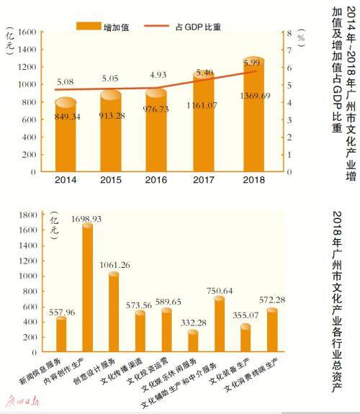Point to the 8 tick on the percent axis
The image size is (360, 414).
[x=289, y=33]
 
